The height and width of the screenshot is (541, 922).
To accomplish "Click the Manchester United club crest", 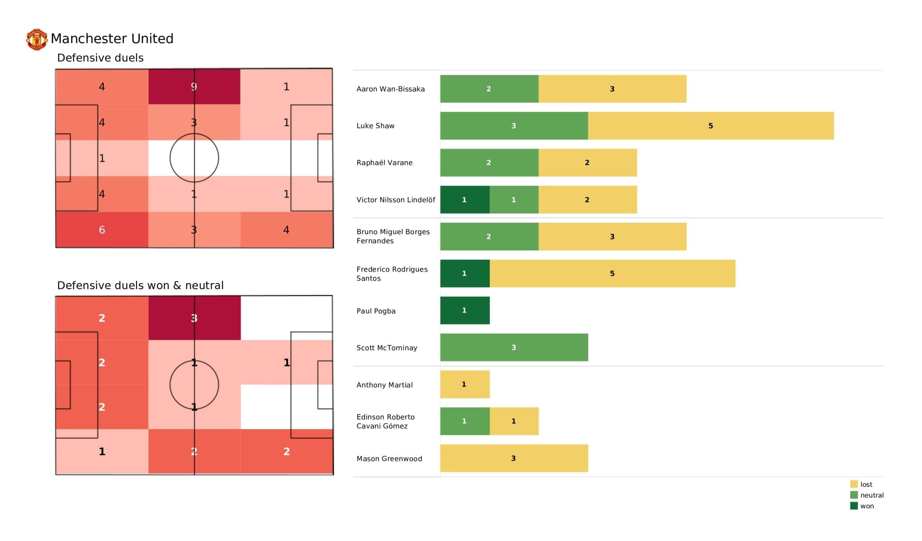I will (x=37, y=39).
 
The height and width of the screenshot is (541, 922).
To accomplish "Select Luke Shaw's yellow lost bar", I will (x=710, y=126).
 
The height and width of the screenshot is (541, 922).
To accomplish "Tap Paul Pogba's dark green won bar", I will (x=465, y=310).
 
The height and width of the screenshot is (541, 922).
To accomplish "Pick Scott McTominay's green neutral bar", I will (x=514, y=347).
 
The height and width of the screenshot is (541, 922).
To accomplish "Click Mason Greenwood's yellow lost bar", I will (x=514, y=458).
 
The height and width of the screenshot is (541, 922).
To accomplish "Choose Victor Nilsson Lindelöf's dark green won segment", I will (x=465, y=200).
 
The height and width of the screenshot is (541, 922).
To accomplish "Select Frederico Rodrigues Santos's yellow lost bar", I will (x=612, y=273).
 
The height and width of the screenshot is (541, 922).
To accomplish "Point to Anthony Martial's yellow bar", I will (x=465, y=384).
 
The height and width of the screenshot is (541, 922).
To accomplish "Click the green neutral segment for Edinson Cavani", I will (x=465, y=421).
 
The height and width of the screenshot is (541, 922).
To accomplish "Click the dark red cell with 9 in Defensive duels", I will (x=194, y=87).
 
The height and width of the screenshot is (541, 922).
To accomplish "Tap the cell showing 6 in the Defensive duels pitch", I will (x=102, y=230).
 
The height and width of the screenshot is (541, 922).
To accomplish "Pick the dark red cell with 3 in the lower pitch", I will (x=194, y=318).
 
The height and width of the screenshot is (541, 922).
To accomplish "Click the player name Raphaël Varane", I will (x=384, y=163).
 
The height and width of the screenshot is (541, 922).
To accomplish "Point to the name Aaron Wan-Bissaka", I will (x=390, y=89).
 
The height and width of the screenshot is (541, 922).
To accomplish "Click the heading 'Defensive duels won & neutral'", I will (x=140, y=285).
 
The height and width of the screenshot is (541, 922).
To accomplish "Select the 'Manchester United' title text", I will (x=112, y=38).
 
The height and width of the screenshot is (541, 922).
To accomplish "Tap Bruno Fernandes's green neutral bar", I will (x=489, y=236).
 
